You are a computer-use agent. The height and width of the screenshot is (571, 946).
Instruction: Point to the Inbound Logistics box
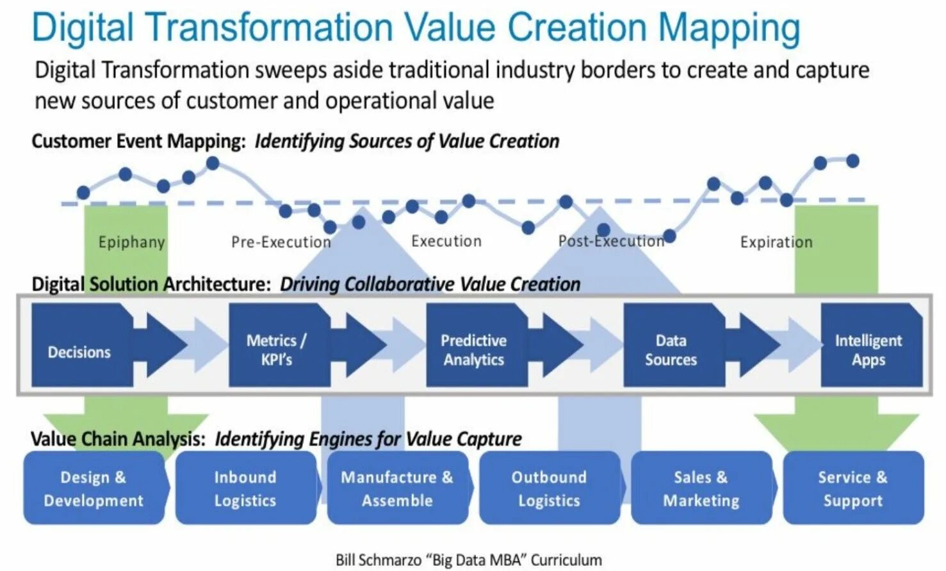coord(245,488)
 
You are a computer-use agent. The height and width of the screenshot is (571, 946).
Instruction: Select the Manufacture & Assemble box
coord(397,488)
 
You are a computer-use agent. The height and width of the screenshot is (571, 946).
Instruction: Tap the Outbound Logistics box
coord(549,488)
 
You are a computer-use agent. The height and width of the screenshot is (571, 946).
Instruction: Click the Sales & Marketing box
coord(701,488)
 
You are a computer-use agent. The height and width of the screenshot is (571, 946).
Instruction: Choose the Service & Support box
coord(853,488)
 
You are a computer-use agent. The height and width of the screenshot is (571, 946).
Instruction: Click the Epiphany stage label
coord(131,242)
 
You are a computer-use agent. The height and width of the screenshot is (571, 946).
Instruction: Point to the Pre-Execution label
coord(281,242)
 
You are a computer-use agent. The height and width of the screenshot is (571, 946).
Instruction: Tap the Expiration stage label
coord(776,242)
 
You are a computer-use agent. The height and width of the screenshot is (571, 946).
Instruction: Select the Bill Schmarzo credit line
coord(468,559)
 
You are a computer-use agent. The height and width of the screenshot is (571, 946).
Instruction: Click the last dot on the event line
coord(852,161)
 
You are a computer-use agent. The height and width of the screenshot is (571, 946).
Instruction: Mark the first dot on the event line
coord(83,192)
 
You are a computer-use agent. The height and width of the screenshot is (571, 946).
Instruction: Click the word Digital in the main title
coord(83,28)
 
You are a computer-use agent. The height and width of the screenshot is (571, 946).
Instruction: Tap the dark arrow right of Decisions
coord(160,346)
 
